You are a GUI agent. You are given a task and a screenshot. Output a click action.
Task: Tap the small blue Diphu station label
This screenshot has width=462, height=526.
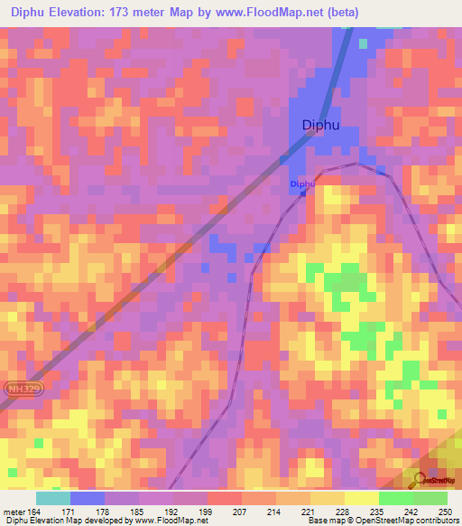click(x=302, y=184)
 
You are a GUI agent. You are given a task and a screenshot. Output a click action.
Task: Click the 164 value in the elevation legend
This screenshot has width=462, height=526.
click(x=35, y=512)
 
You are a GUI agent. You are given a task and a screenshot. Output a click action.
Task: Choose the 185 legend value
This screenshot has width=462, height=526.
click(x=138, y=512)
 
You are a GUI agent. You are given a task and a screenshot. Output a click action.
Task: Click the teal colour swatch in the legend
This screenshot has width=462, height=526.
click(x=53, y=498)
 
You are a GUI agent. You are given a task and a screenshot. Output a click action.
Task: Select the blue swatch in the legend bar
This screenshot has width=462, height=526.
click(x=88, y=498)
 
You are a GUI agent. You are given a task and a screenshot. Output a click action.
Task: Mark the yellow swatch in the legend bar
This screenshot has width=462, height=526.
click(x=361, y=498)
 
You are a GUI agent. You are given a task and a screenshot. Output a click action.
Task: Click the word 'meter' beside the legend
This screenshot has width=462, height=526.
click(x=14, y=512)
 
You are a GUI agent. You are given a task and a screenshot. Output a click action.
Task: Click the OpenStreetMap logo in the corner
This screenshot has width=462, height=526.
click(x=432, y=481)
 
